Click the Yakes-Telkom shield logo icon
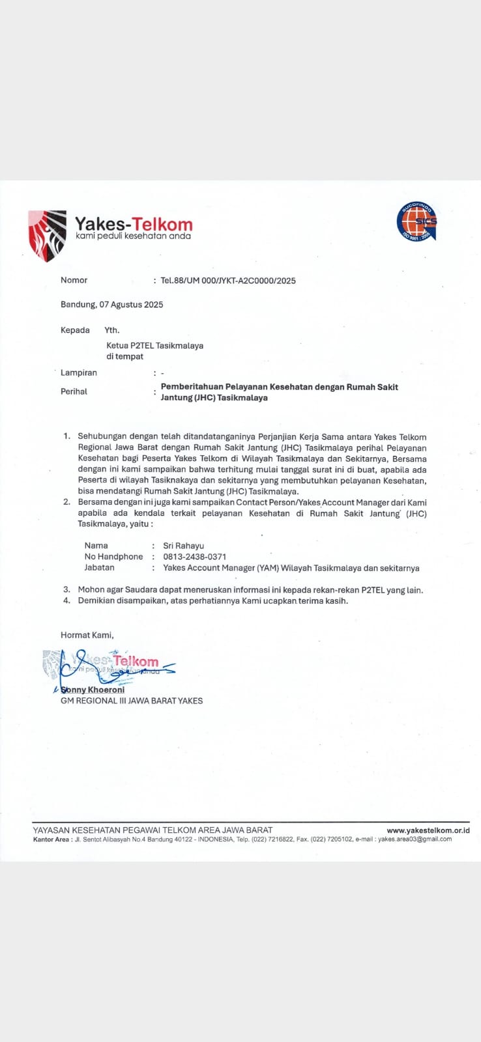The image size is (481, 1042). (x=47, y=235)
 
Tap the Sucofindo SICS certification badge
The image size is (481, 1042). (x=416, y=221)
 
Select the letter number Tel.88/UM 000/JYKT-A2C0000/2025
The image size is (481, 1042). (x=228, y=281)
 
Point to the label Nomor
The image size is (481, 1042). (x=74, y=280)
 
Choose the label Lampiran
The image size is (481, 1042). (x=79, y=373)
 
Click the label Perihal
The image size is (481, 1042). (x=74, y=391)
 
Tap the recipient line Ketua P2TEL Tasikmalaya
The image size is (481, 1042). (x=155, y=345)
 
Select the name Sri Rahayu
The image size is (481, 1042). (x=184, y=546)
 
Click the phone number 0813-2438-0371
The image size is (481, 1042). (x=195, y=557)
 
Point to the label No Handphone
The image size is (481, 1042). (x=113, y=557)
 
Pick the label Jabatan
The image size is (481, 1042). (x=99, y=568)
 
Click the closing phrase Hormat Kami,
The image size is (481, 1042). (x=87, y=635)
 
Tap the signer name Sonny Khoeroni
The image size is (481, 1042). (x=93, y=690)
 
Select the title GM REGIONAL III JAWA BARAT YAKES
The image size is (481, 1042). (x=132, y=701)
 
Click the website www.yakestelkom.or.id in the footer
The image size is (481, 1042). (x=428, y=830)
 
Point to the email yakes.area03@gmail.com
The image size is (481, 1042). (x=415, y=839)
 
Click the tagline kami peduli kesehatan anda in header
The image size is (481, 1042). (x=133, y=236)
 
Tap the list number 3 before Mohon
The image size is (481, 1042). (x=66, y=590)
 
